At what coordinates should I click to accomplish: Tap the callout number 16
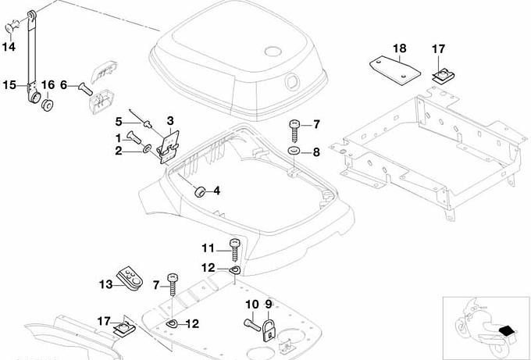point(47,85)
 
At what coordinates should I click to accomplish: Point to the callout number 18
point(399,48)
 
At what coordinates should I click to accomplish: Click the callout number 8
point(316,151)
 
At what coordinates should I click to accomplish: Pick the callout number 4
point(216,190)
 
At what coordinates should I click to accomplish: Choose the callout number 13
point(105,284)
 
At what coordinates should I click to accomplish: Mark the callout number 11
point(207,248)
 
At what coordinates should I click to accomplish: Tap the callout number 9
point(268,304)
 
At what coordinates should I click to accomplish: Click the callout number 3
point(171,120)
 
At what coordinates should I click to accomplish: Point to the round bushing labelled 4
point(198,190)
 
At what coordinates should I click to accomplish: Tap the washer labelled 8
point(294,149)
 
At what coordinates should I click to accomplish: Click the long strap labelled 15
point(33,55)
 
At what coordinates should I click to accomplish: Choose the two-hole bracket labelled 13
point(130,279)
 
